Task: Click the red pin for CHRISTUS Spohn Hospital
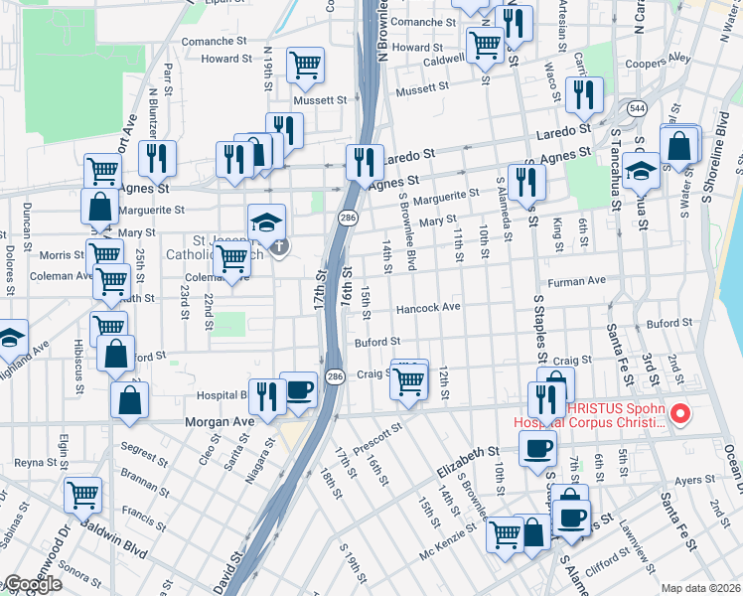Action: click(x=680, y=414)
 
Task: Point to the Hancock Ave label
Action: click(x=429, y=308)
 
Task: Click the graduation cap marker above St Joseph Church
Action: click(x=266, y=223)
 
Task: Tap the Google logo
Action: click(x=32, y=584)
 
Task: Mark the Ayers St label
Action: click(x=689, y=480)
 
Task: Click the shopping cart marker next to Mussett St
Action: click(x=305, y=65)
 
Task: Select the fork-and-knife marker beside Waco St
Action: click(x=584, y=94)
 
